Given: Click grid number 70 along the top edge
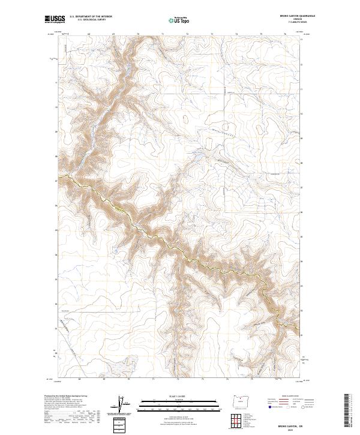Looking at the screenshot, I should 138,35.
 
